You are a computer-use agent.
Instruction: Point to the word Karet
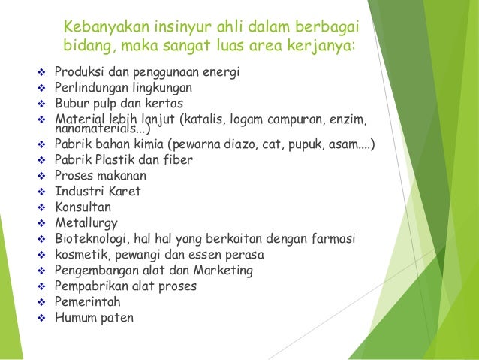coord(125,191)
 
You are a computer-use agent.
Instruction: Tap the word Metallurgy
coord(86,223)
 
